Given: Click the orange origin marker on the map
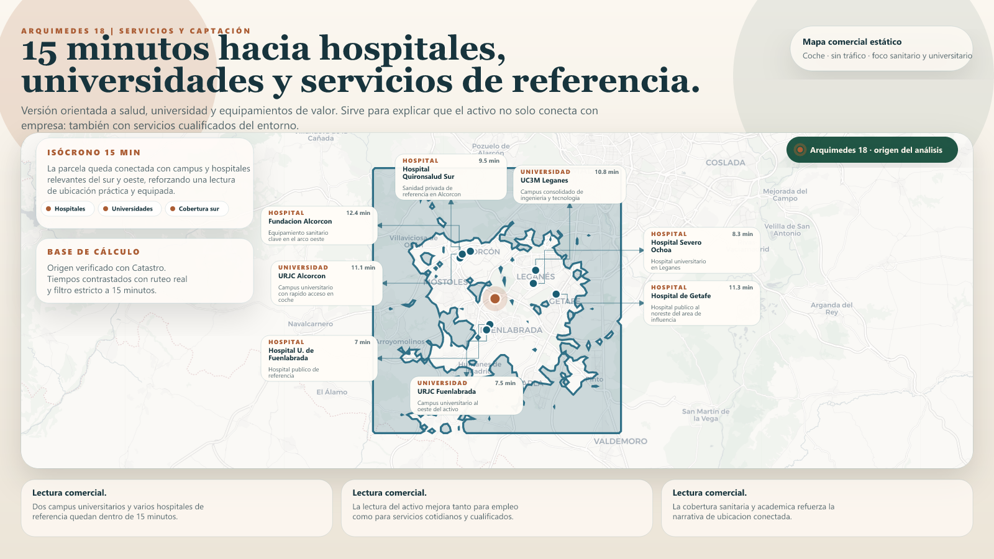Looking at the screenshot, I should (x=495, y=299).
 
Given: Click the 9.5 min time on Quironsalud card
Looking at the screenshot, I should (x=489, y=161).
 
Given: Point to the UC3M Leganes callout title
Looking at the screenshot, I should (x=544, y=181).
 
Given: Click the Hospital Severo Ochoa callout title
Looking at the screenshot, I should (x=676, y=246).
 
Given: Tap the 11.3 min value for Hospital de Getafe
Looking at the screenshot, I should (x=741, y=288).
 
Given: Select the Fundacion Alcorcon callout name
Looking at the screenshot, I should (x=300, y=222).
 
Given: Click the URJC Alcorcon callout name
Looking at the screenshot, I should (x=302, y=276).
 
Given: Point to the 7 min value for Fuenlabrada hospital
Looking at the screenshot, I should (x=362, y=342).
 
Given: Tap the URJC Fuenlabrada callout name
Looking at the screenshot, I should (x=447, y=392).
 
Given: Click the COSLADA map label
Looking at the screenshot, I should (x=725, y=163).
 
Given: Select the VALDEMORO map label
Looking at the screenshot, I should (x=620, y=442).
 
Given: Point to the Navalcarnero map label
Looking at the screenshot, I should (x=310, y=324).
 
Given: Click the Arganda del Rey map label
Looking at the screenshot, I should (x=831, y=309).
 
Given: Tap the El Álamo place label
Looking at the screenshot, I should (x=332, y=393).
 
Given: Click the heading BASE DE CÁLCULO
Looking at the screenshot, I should (x=93, y=252).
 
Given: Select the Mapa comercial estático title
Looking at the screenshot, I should (x=852, y=42).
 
